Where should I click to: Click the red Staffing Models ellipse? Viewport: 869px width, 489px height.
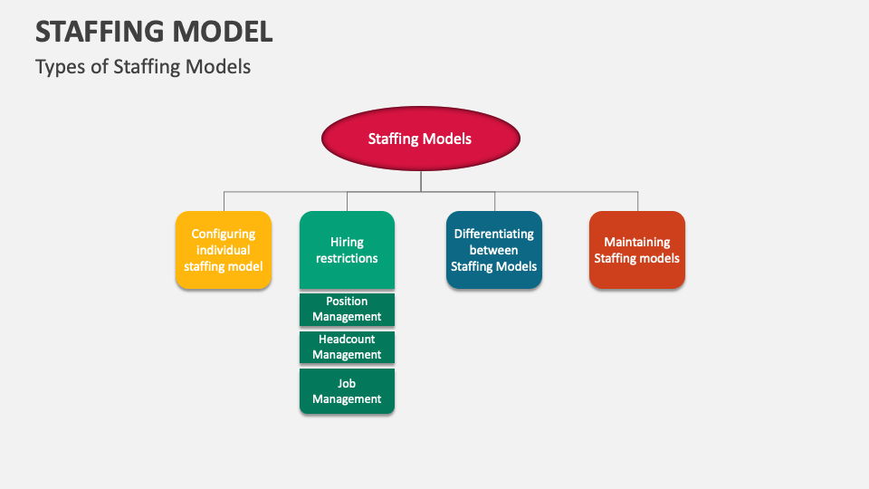tap(421, 139)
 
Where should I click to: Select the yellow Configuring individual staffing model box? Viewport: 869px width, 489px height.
tap(224, 250)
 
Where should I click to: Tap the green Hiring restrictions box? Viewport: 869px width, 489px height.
tap(347, 250)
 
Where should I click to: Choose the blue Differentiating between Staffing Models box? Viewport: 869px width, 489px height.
tap(494, 250)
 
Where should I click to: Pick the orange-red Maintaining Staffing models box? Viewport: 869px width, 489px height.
tap(636, 250)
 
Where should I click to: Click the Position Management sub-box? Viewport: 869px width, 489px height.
tap(347, 309)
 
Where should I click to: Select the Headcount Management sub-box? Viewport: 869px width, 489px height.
tap(347, 347)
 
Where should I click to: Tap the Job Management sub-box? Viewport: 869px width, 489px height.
tap(347, 391)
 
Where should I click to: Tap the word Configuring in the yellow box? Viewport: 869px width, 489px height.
tap(224, 234)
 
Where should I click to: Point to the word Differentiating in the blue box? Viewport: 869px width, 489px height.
tap(494, 234)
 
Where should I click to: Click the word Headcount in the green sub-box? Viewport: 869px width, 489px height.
tap(347, 340)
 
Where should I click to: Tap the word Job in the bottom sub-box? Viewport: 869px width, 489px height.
tap(347, 383)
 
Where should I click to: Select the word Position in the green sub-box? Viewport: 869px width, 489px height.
tap(347, 302)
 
